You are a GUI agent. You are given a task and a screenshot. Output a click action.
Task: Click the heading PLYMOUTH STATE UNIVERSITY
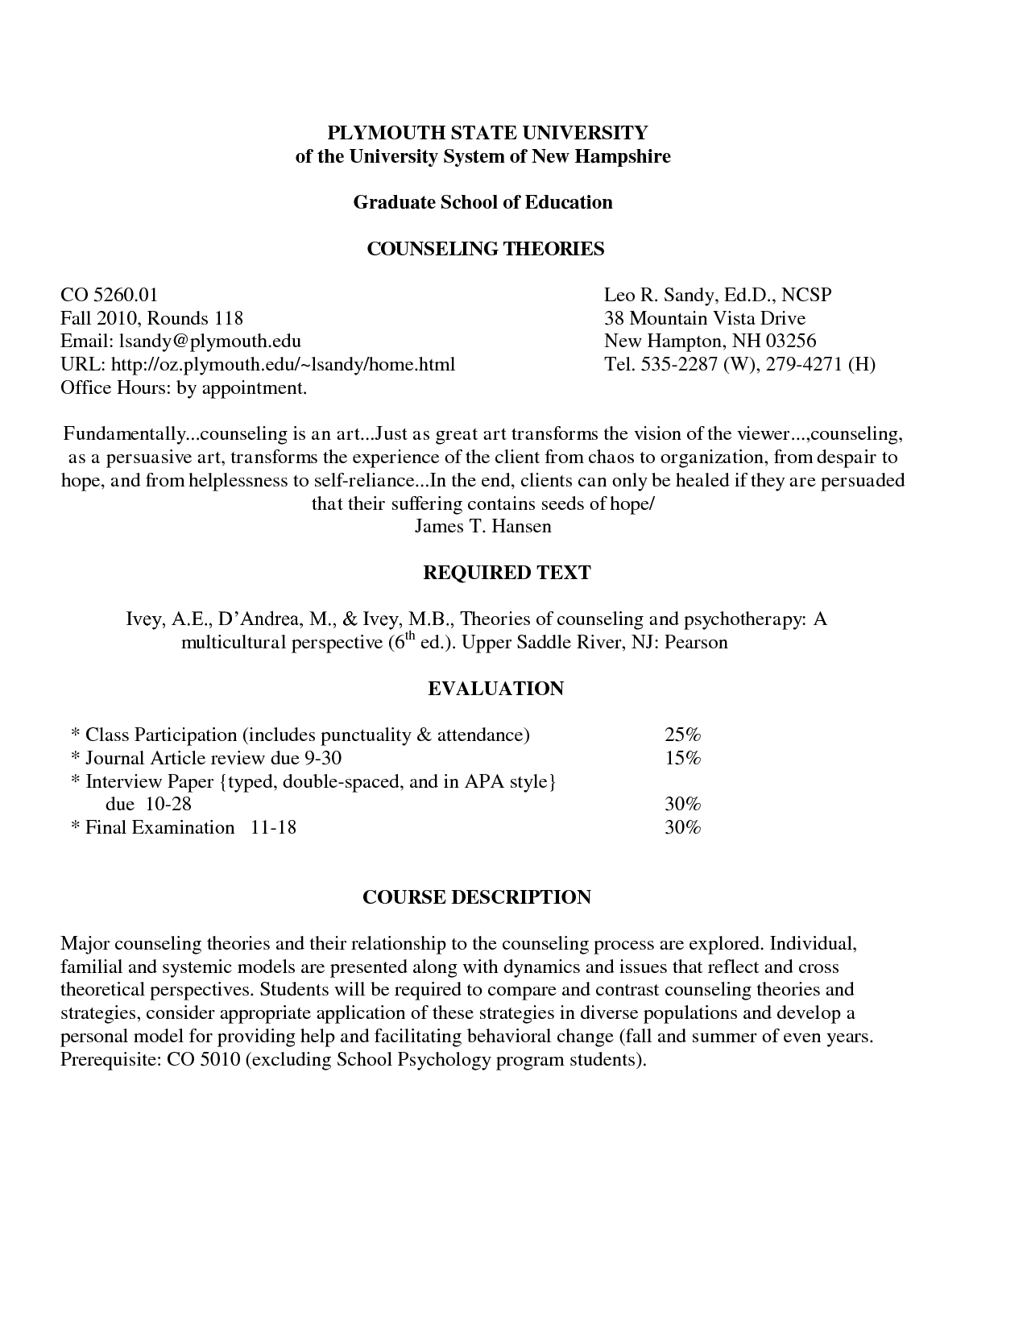coord(482,133)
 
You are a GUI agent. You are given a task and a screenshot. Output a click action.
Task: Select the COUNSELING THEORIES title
coord(485,249)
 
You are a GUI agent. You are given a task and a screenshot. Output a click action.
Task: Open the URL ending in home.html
coord(283,365)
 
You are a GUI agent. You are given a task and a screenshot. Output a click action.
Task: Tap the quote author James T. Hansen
coord(482,527)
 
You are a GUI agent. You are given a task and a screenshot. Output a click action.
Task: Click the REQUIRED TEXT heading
coord(507,573)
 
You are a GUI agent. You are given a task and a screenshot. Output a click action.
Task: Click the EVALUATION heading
coord(495,689)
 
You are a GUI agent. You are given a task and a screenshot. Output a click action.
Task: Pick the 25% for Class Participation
coord(682,735)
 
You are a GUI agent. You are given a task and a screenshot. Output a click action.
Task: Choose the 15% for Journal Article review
coord(682,759)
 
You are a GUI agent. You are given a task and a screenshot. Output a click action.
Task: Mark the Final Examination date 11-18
coord(273,828)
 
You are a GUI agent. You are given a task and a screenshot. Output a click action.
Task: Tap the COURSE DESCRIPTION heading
coord(477,897)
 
